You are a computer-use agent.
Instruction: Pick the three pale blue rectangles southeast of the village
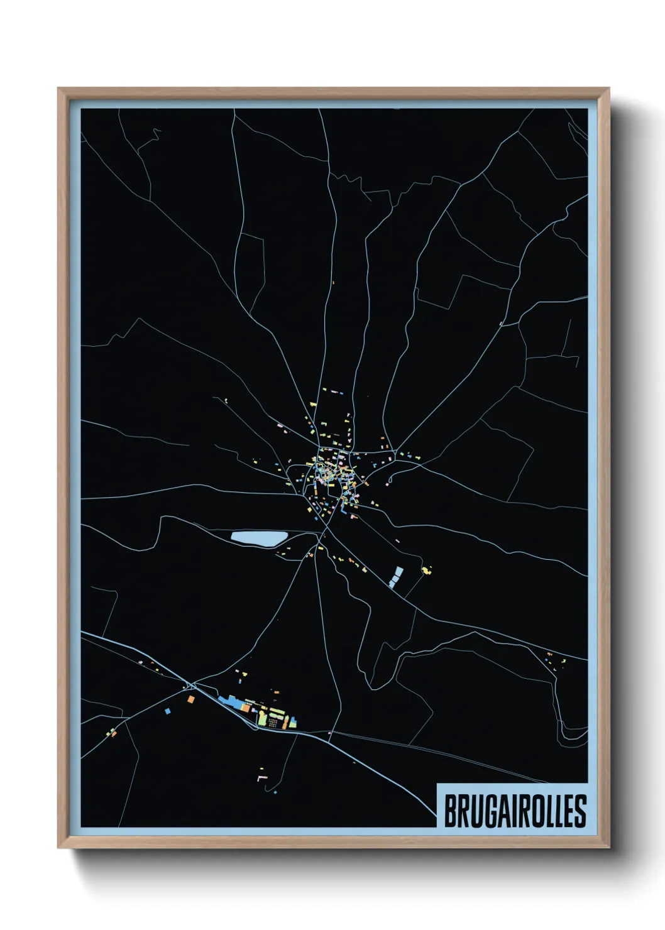396,576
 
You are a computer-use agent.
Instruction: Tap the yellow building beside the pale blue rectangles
427,570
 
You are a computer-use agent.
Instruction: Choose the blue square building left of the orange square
167,711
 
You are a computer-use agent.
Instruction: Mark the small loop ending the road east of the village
390,481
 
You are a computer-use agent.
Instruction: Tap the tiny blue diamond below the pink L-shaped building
275,792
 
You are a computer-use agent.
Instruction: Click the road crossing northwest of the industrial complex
191,684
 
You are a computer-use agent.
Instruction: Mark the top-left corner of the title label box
437,784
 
